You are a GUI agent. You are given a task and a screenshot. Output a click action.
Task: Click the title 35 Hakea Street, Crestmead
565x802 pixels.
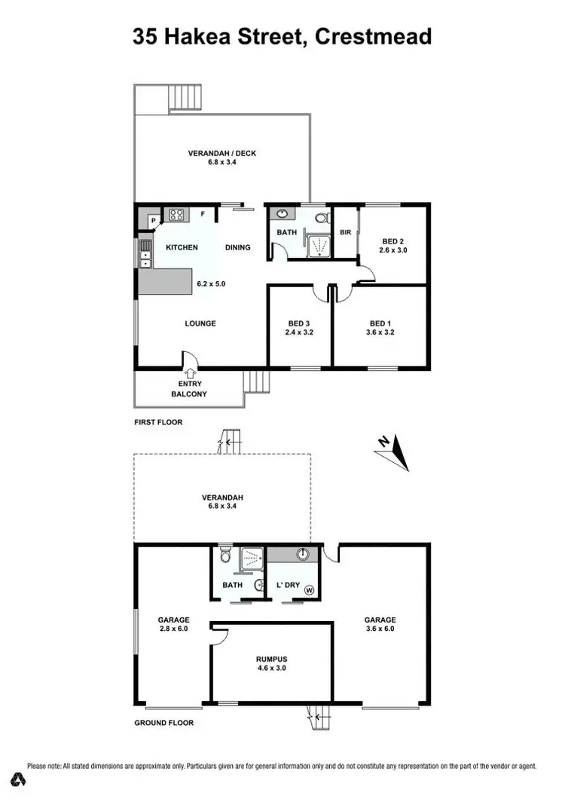coord(282,36)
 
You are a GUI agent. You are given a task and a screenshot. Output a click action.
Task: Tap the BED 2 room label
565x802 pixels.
coord(392,240)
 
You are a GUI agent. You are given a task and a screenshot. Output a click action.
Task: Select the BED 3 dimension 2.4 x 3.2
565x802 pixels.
coord(300,331)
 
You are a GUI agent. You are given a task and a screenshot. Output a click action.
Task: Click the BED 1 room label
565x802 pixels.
coord(380,322)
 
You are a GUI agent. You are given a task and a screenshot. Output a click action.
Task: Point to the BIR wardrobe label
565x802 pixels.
coord(347,233)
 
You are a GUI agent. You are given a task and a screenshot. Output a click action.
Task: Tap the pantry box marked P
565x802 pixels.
coord(153,220)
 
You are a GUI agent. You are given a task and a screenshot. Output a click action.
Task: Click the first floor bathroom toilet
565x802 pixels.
coord(321,219)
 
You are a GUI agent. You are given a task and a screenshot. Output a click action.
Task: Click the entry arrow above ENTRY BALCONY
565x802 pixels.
coord(189,372)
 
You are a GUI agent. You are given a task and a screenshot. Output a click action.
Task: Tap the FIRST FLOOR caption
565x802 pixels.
coord(158,422)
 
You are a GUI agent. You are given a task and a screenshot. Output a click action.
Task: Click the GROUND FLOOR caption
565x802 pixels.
coord(163,723)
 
